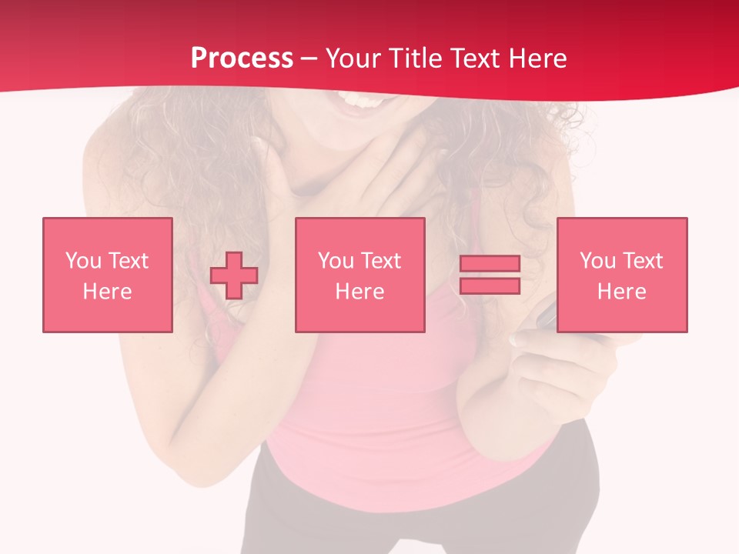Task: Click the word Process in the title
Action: click(242, 58)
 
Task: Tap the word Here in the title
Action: click(537, 58)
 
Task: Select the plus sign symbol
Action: click(234, 275)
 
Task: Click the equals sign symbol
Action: click(490, 275)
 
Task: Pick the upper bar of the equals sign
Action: click(490, 264)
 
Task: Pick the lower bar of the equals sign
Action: click(490, 285)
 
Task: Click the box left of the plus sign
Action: click(107, 275)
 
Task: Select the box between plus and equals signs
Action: click(359, 275)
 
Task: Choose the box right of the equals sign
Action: click(621, 275)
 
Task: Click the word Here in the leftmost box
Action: click(107, 292)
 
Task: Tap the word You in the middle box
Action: click(336, 261)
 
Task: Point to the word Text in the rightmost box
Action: click(642, 261)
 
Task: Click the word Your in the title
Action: click(353, 58)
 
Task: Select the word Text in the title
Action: click(473, 58)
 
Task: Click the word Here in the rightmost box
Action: click(621, 292)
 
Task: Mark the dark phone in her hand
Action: click(546, 315)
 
